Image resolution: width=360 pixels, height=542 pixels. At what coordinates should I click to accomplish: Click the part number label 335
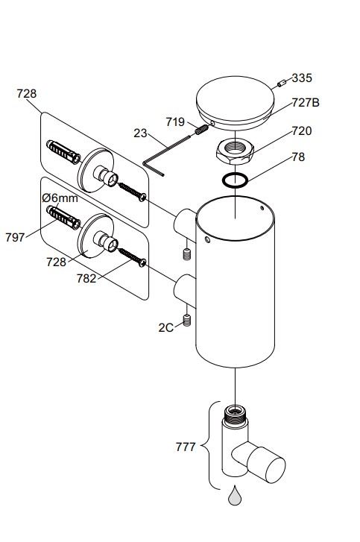[302, 78]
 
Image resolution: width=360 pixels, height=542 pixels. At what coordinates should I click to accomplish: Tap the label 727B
[306, 103]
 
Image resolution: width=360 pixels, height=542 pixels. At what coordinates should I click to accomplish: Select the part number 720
[302, 131]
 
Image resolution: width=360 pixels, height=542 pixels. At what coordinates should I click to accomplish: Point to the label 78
[298, 157]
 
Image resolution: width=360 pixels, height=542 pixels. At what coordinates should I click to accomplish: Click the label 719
[175, 122]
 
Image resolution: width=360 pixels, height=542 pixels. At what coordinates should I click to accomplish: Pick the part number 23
[140, 133]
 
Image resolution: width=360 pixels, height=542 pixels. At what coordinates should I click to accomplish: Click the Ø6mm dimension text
[60, 198]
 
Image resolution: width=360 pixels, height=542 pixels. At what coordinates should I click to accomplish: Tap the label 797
[15, 238]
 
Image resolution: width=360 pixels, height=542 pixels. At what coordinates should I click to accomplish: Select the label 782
[86, 278]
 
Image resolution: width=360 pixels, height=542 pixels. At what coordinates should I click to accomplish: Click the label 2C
[165, 328]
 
